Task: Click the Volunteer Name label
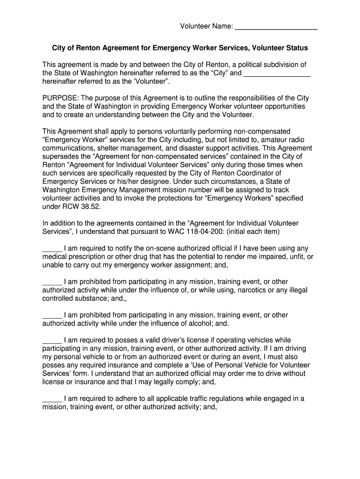pos(207,26)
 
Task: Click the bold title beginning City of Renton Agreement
pos(180,48)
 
